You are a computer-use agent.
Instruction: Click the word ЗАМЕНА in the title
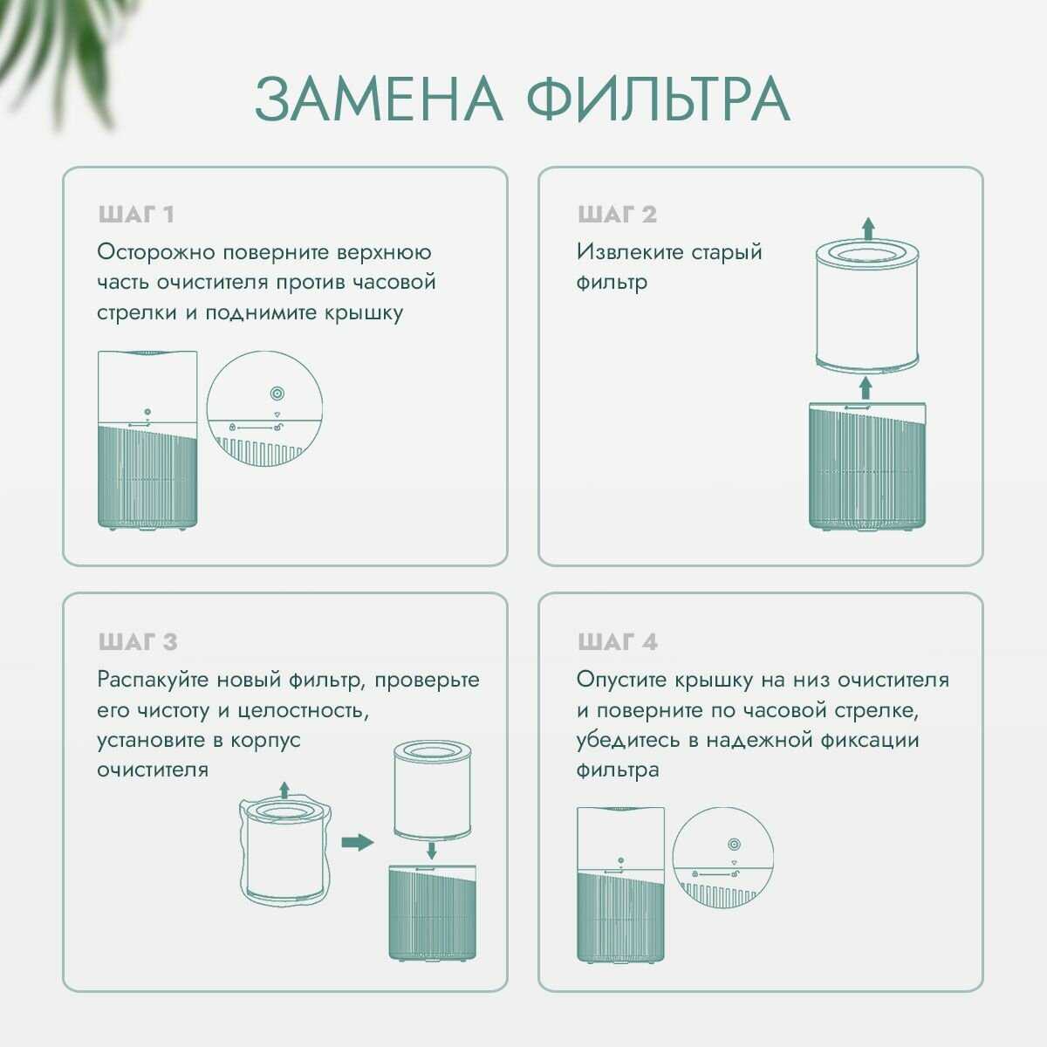[379, 99]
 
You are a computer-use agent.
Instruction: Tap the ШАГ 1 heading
[137, 215]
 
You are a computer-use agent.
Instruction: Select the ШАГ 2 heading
[617, 215]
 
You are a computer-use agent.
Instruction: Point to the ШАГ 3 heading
[138, 642]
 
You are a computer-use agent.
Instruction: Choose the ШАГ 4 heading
[618, 642]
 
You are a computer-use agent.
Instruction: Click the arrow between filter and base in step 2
[865, 387]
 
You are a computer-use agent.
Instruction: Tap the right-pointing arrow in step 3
[356, 842]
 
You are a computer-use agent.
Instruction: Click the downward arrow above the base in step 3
[431, 851]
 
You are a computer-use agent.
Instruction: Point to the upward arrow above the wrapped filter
[284, 790]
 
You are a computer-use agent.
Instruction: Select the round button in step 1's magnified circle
[277, 393]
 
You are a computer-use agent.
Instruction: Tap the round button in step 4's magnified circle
[733, 844]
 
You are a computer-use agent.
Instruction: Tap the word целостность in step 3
[297, 710]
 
